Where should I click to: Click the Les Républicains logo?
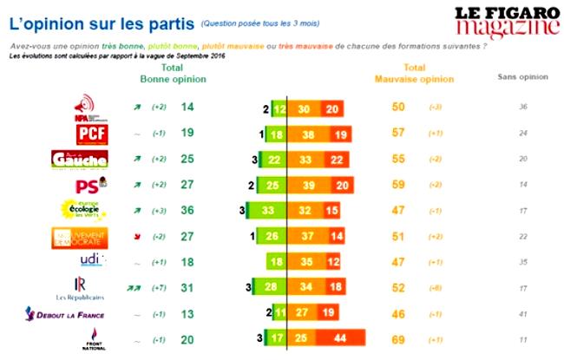point(92,286)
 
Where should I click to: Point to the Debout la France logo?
point(91,313)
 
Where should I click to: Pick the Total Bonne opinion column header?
point(174,73)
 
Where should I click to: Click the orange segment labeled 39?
point(306,184)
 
